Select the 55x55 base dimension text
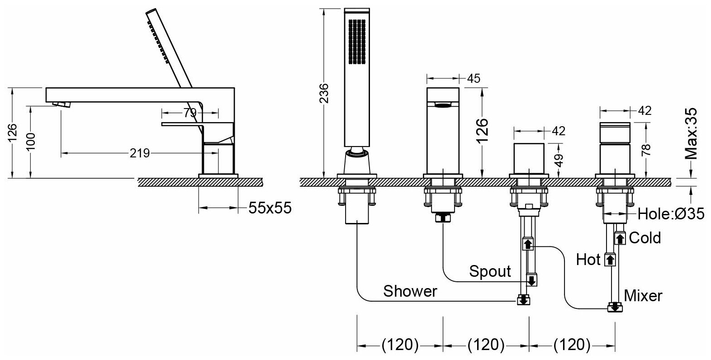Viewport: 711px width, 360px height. (x=270, y=208)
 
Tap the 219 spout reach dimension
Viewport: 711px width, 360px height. (x=139, y=153)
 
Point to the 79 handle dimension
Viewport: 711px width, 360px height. (x=190, y=112)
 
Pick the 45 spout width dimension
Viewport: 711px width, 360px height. (x=473, y=78)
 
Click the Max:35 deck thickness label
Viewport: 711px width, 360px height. (x=691, y=134)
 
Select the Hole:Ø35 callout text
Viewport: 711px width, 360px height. (x=670, y=214)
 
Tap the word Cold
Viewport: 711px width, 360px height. (x=645, y=237)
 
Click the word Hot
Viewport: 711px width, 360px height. (x=588, y=260)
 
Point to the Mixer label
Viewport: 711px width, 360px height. (x=643, y=296)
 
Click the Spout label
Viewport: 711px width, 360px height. (x=490, y=271)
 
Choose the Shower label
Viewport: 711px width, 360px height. (x=410, y=291)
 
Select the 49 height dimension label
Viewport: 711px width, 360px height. (x=559, y=160)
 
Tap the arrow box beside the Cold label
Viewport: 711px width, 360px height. (x=620, y=237)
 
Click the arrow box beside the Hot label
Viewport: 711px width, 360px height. (x=610, y=260)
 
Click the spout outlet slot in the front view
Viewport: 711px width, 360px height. (x=443, y=106)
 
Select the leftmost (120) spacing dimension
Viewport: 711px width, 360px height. (x=400, y=345)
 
